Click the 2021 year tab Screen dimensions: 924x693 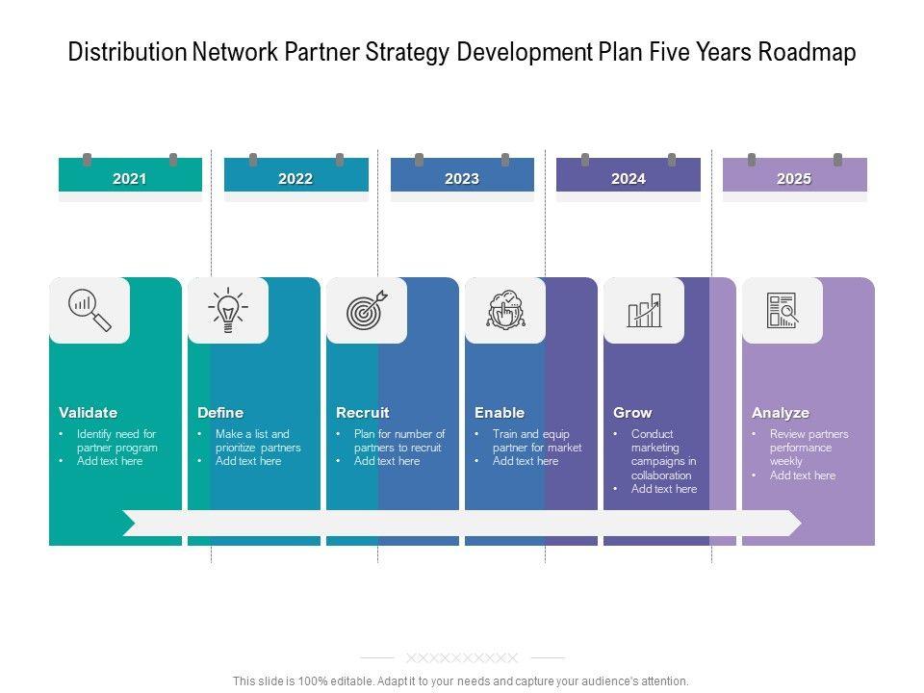[130, 178]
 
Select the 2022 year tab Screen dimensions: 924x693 [295, 178]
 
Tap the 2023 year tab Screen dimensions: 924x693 [462, 178]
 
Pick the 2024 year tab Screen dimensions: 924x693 [628, 178]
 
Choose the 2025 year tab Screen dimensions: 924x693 [794, 178]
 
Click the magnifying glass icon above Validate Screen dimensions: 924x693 [90, 310]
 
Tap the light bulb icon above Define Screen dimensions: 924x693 [228, 310]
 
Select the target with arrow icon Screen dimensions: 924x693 [367, 310]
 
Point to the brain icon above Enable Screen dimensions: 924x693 [505, 310]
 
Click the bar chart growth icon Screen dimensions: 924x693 [644, 310]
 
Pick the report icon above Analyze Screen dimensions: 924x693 [783, 310]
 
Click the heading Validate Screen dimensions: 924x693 [88, 413]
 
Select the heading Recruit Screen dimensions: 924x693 [362, 413]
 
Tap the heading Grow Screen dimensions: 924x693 [632, 413]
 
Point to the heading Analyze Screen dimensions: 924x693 [781, 413]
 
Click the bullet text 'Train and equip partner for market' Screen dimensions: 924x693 [536, 441]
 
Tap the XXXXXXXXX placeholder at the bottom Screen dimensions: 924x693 [462, 658]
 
